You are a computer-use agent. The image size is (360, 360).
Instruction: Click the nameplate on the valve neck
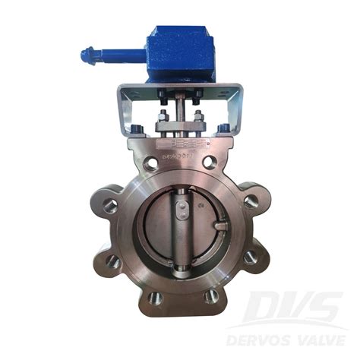coord(179,144)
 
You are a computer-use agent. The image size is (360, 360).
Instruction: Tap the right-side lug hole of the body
coord(251,201)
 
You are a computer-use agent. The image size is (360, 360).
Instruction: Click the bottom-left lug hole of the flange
coord(155,296)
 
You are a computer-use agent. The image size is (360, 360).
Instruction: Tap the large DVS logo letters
coord(296,308)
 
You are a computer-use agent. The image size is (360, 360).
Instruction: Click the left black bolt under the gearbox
coord(162,95)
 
